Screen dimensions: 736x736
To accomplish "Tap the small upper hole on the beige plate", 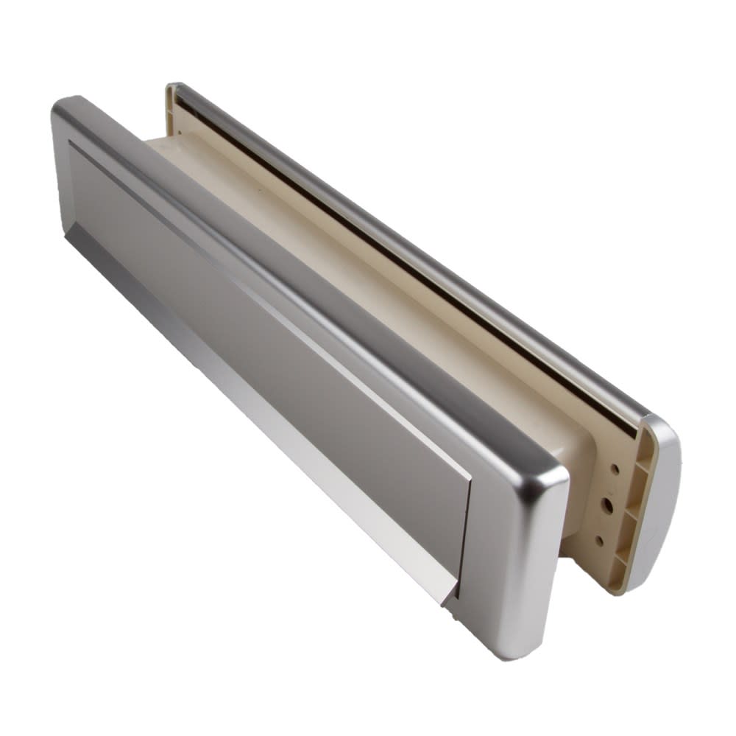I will click(614, 466).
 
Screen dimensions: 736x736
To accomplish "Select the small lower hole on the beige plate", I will click(600, 541).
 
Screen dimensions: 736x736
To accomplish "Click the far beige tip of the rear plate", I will click(171, 91).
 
